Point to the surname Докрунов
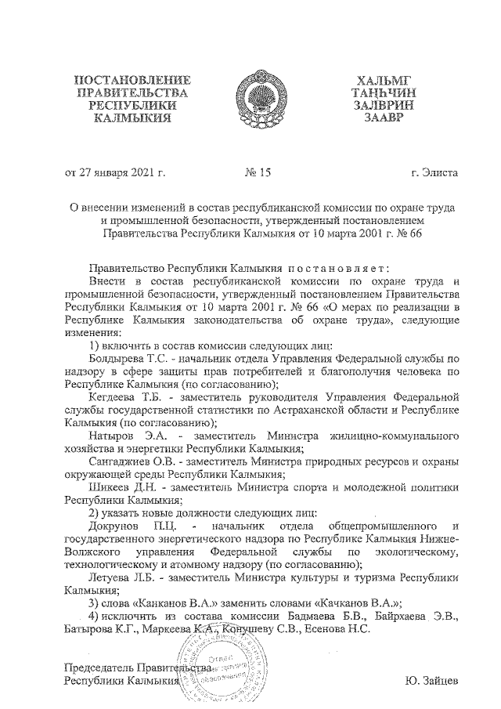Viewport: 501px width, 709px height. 117,524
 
